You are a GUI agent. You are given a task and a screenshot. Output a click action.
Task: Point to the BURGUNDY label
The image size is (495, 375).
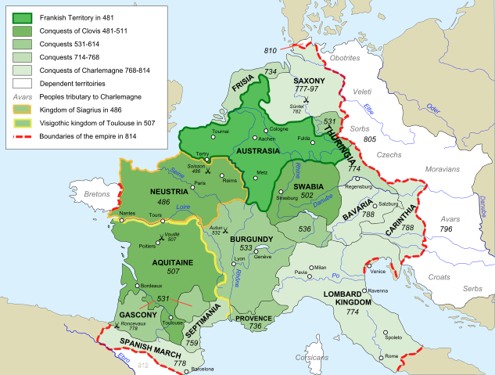(252, 238)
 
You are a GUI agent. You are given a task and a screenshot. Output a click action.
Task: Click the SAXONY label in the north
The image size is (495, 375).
(303, 81)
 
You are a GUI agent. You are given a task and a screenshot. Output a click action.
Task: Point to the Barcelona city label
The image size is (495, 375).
(201, 369)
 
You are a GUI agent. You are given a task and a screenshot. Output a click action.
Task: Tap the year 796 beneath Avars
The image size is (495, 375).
(446, 229)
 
